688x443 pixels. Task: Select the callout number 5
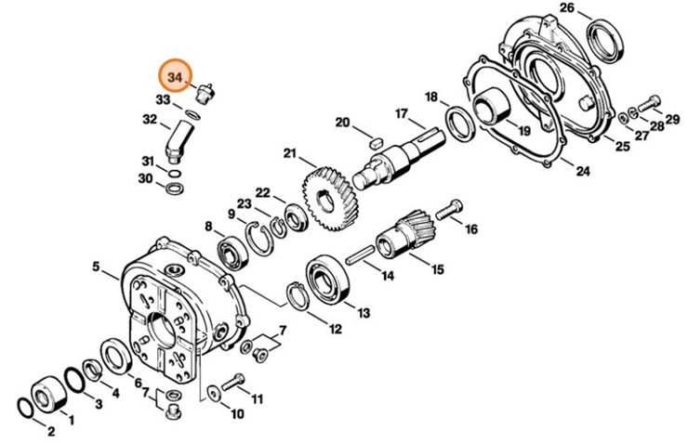click(x=96, y=267)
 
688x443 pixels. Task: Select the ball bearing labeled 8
click(x=230, y=251)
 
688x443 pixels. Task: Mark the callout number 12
click(x=333, y=328)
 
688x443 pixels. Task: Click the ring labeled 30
click(x=173, y=189)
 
